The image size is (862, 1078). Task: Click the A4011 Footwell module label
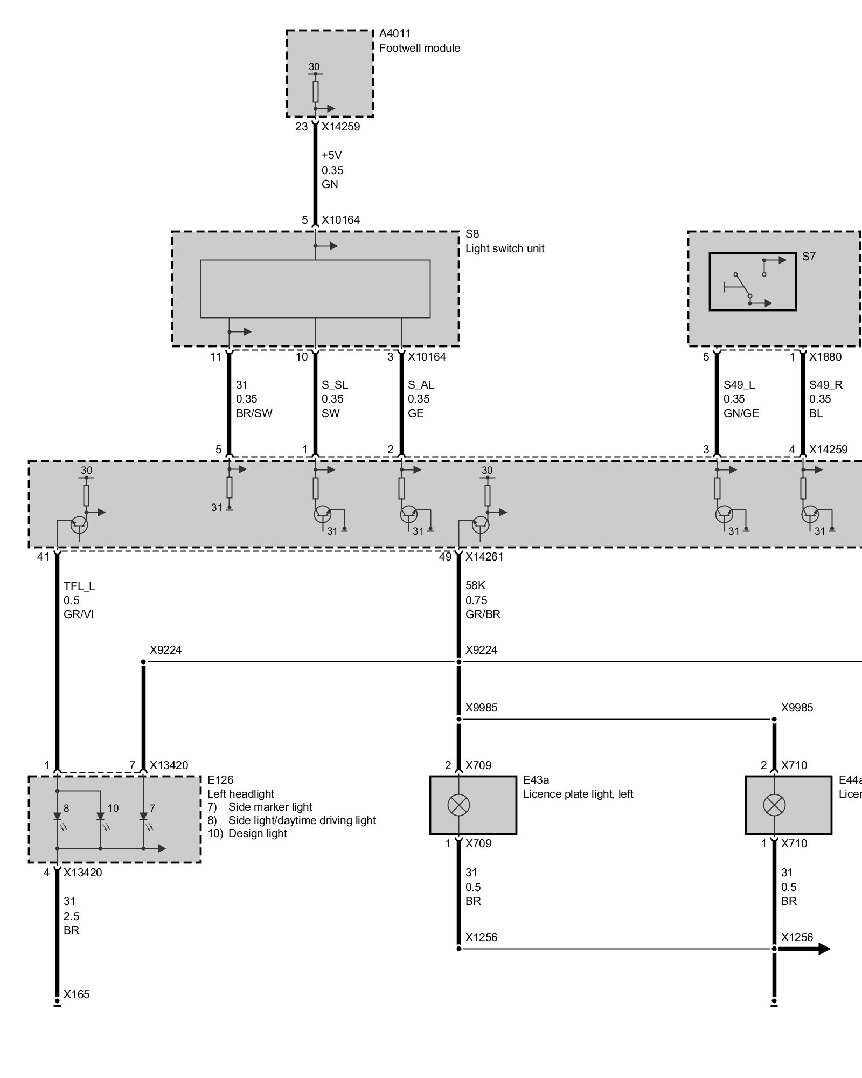point(419,40)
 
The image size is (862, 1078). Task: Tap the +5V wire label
point(332,155)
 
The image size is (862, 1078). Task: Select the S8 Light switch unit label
point(505,241)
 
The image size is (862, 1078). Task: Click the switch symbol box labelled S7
point(753,282)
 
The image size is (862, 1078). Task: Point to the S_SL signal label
point(335,385)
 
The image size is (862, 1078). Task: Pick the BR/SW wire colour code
point(254,413)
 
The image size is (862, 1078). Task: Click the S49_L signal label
point(739,385)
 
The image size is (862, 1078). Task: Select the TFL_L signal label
point(79,586)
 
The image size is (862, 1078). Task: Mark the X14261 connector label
point(484,557)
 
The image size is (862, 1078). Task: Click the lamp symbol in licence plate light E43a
point(458,805)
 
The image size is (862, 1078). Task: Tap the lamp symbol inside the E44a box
point(774,805)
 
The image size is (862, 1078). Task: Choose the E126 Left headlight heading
point(241,787)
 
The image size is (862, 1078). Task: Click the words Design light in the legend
point(258,833)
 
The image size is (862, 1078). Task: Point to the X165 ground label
point(77,994)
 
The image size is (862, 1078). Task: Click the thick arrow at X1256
point(803,949)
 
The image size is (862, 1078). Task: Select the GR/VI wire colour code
point(79,614)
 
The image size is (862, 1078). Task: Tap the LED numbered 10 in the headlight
point(100,818)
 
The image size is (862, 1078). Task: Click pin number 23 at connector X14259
point(301,127)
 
